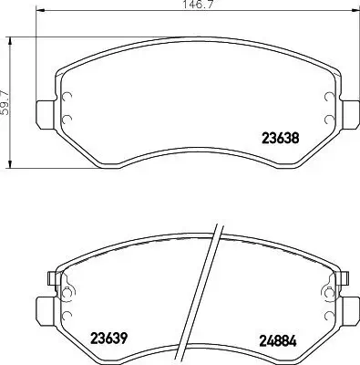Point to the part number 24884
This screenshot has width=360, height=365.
click(277, 339)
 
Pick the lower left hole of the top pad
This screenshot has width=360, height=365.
click(67, 117)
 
